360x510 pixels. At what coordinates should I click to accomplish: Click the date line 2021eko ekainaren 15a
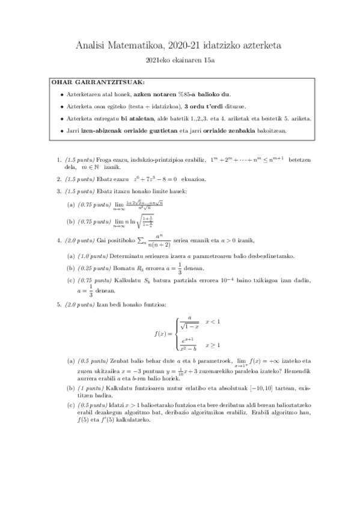(180, 60)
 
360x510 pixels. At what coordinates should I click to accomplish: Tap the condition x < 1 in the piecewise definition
(213, 322)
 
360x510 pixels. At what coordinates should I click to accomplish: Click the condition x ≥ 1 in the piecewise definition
(213, 345)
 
